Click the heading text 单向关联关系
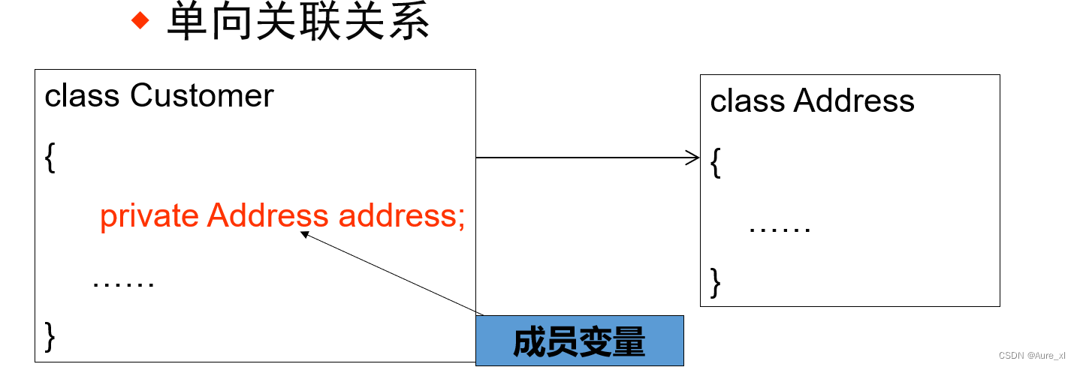298,22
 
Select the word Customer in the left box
202,96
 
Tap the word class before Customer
82,96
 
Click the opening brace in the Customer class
50,158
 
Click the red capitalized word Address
267,216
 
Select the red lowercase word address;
402,216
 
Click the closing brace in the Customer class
50,335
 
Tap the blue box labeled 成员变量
579,341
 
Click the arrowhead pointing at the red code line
304,235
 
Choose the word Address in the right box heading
854,101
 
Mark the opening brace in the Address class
716,164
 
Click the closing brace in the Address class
716,282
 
